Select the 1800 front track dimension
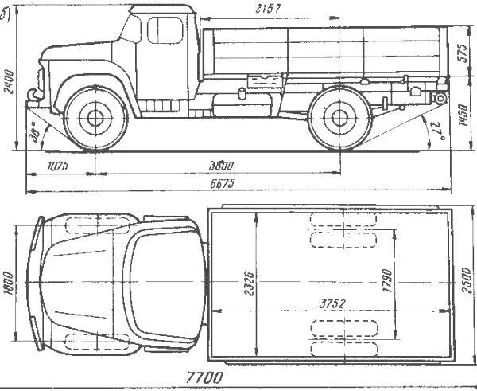point(10,283)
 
